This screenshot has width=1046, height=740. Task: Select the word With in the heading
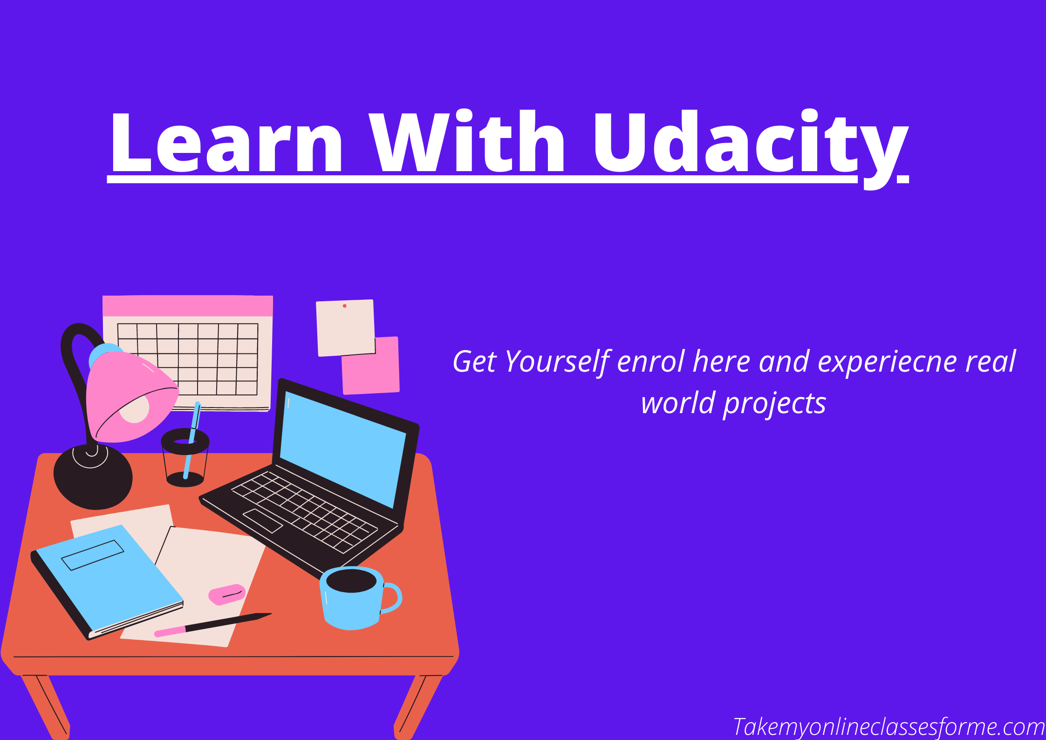tap(467, 141)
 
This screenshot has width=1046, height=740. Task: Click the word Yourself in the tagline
tap(558, 362)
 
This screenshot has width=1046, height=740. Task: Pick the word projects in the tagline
tap(774, 404)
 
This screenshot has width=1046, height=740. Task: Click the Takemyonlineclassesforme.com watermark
tap(889, 727)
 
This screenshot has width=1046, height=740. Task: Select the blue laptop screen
tap(342, 449)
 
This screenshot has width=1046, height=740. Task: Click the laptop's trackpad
tap(263, 521)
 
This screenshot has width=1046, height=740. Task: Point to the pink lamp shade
tap(132, 397)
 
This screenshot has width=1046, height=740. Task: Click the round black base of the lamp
tap(93, 477)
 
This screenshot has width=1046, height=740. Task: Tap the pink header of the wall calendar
tap(188, 306)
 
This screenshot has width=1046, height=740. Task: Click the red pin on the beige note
tap(345, 306)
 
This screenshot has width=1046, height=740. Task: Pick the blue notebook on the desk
tap(108, 582)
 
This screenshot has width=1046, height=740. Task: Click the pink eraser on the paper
tap(227, 595)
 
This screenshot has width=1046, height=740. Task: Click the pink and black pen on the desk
tap(213, 625)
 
